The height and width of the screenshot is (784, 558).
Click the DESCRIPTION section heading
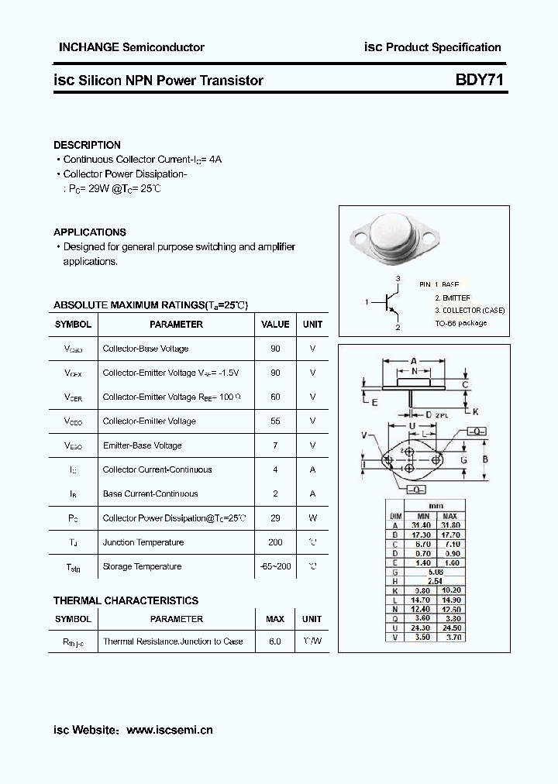coord(87,145)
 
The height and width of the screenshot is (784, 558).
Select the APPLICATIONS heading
coord(89,232)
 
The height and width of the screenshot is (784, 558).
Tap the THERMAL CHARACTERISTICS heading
coord(126,600)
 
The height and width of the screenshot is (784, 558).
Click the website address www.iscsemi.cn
coord(169,730)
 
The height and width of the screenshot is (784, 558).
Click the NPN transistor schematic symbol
coord(390,302)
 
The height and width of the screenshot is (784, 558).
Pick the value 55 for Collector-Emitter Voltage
coord(275,421)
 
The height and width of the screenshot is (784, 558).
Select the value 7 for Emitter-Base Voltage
coord(275,445)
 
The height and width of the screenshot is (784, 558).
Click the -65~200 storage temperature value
coord(275,566)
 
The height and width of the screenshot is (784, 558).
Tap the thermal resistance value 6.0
coord(275,641)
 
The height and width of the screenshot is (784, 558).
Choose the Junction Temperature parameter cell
coord(143,542)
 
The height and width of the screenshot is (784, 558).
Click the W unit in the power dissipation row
coord(312,518)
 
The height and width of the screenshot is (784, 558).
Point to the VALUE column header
coord(275,325)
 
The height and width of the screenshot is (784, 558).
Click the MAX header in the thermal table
coord(275,619)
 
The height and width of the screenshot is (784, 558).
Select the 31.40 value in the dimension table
coord(422,524)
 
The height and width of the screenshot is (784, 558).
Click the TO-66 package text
coord(460,323)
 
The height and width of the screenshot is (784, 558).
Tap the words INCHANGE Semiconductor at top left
coord(132,47)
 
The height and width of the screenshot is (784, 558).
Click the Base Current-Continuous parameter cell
coord(150,493)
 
